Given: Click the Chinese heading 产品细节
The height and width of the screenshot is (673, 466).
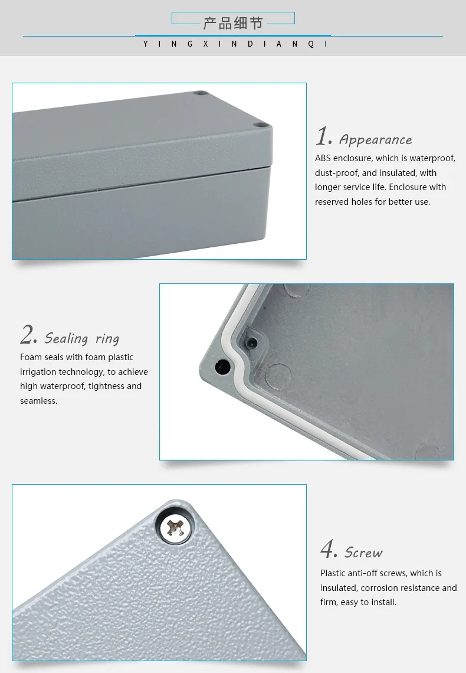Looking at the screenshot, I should pos(233,23).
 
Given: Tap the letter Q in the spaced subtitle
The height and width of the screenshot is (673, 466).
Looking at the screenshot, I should pos(311,44).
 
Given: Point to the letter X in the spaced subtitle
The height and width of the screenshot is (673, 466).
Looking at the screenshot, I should pos(205,44).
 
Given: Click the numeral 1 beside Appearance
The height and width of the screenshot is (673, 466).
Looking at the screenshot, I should pos(323,137).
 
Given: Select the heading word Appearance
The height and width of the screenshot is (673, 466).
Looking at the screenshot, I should pos(376,140).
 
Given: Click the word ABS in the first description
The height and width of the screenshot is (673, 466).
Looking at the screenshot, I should pos(323,158).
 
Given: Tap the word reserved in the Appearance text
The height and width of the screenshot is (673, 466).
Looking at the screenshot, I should pos(332,202).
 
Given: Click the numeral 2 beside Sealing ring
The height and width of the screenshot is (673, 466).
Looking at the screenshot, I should pos(28,335).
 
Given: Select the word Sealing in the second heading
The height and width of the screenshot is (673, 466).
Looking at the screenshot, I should pos(66,338).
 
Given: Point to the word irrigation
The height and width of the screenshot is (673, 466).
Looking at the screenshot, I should pos(38,372).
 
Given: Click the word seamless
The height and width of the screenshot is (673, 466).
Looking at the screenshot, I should pos(38,401).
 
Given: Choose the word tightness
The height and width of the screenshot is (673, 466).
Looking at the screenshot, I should pos(106,386).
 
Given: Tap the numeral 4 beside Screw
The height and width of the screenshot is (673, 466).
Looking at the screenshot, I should pos(329,550).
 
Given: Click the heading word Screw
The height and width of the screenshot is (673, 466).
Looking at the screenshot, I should pos(364,553).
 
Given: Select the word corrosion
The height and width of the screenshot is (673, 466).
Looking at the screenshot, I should pos(381,588).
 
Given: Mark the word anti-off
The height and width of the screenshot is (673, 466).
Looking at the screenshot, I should pos(367,573).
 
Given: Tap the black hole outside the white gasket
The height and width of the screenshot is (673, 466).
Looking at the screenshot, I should pos(223,367).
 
